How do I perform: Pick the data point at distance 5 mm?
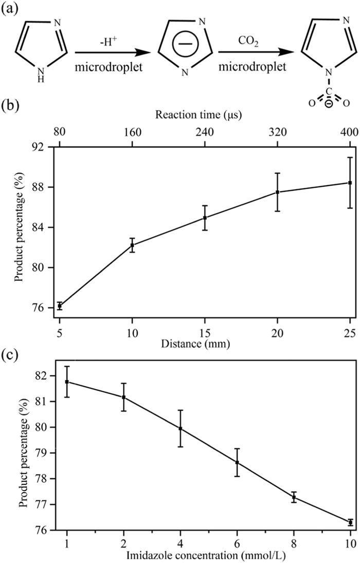pos(60,306)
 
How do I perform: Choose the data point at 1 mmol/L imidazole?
pos(67,382)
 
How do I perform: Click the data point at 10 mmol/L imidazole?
pos(350,522)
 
